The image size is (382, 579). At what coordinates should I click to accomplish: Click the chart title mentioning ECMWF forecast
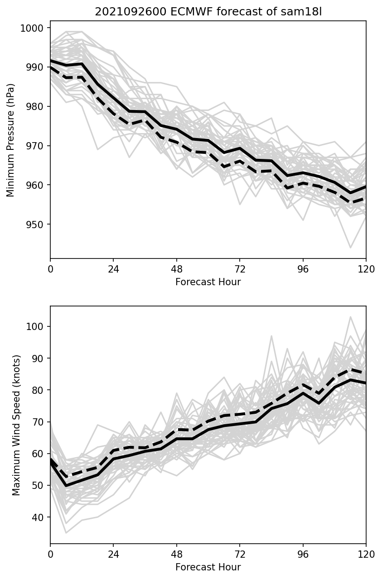tap(208, 12)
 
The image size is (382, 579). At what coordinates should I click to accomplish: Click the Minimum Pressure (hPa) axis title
tap(11, 140)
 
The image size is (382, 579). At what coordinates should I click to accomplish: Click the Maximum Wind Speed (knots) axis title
tap(16, 425)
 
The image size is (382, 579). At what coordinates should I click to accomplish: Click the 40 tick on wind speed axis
tap(39, 517)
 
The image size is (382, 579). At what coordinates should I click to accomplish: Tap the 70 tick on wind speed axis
tap(39, 422)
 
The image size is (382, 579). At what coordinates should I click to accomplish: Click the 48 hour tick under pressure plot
tap(177, 269)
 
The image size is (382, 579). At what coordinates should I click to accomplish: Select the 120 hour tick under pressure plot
tap(366, 269)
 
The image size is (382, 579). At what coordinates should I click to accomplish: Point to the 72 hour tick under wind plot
tap(240, 555)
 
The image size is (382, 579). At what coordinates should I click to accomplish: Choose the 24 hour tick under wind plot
tap(113, 555)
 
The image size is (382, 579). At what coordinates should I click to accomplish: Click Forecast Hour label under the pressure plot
tap(208, 282)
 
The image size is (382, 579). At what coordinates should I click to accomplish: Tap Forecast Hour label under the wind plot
tap(208, 567)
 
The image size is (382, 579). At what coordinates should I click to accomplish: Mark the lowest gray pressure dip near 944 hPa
tap(350, 248)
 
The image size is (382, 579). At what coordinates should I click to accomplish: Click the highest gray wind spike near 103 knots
tap(350, 317)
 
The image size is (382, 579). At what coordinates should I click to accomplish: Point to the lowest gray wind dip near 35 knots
tap(66, 533)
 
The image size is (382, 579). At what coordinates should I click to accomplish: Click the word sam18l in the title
tap(305, 12)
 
